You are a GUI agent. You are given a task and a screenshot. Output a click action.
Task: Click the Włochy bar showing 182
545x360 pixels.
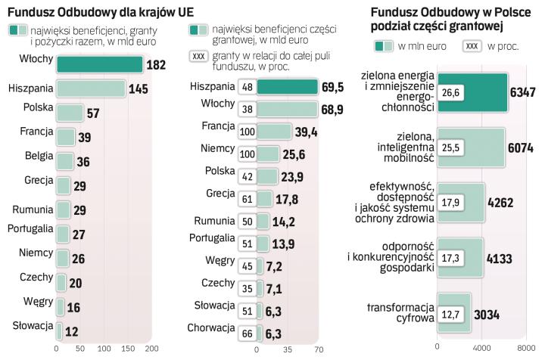coord(99,65)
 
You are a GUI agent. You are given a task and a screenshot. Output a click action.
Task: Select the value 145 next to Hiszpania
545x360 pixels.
coord(139,89)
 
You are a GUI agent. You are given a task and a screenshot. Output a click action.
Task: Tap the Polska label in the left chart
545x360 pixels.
coord(38,107)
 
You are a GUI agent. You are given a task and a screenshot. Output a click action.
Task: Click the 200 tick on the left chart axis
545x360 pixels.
coord(151,349)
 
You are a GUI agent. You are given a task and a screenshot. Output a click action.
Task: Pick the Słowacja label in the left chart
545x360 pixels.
coord(33,326)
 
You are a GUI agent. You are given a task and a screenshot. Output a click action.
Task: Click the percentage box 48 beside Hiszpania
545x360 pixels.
coord(246,88)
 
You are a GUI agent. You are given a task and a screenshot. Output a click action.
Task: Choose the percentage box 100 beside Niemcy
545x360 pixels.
coord(246,157)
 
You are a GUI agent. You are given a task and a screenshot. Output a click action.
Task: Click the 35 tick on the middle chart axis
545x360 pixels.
coord(287,350)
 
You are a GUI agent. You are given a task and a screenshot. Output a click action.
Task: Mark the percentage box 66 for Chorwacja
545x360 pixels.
coord(246,333)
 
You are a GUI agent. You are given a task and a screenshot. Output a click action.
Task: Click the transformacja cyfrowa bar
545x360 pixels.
coord(453,314)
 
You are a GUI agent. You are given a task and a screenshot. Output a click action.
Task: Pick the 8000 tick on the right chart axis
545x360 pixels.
coord(526,349)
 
